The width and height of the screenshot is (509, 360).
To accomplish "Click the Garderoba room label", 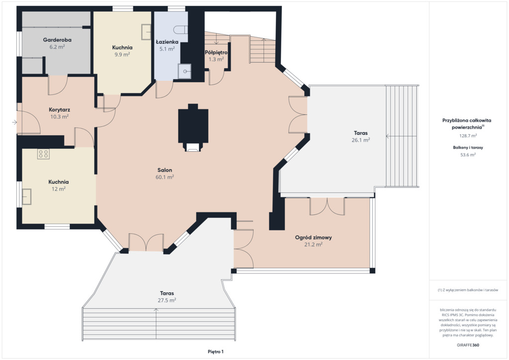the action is tap(57, 40).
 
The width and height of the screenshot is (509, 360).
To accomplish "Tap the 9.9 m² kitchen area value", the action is tap(122, 55).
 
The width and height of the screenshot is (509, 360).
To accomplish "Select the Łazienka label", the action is tap(167, 42).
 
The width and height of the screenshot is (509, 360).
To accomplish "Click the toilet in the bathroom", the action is tap(180, 30).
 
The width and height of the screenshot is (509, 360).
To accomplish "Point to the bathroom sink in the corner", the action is tap(184, 72).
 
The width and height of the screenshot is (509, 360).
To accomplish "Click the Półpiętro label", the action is tap(216, 52).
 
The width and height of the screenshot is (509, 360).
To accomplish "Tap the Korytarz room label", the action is tap(60, 110).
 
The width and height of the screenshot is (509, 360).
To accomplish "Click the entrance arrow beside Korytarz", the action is tap(14, 122).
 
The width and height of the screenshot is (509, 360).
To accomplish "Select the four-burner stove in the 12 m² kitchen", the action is tap(44, 154).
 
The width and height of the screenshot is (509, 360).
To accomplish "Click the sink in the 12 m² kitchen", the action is tap(27, 197).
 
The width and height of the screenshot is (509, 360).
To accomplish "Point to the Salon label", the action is tap(165, 170).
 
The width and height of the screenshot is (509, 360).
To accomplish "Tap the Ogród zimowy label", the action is tap(313, 237).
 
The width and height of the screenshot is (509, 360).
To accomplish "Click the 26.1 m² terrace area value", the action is tap(361, 140).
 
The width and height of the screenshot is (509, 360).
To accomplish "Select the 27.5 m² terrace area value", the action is tap(167, 300).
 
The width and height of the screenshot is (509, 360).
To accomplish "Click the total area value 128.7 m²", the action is tap(468, 136).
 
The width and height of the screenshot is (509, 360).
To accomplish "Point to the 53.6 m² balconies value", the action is tap(468, 155).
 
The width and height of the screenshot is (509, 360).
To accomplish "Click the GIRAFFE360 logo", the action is tap(468, 345).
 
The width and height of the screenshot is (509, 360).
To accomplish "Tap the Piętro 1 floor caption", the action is tap(216, 352).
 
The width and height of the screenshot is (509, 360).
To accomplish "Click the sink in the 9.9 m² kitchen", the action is tap(146, 32).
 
